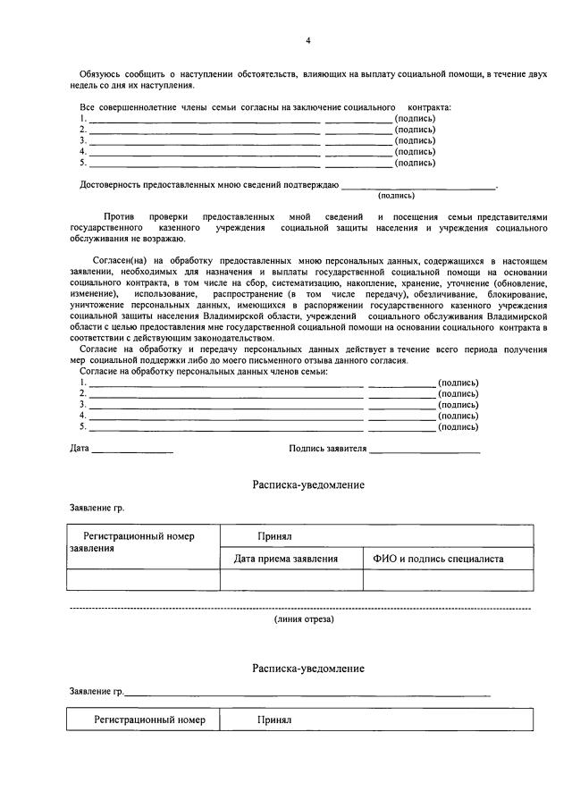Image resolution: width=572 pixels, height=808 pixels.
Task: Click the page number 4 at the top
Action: tap(307, 41)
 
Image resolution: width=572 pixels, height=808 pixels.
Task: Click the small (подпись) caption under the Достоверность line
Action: tap(396, 195)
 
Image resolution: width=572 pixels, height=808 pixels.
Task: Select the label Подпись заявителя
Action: tap(327, 448)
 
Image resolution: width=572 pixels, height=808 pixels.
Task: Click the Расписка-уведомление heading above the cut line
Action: tap(307, 484)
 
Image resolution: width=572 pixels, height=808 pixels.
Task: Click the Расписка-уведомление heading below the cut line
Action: tap(307, 668)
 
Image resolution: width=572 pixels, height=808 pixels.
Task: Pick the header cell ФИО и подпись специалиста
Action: tap(438, 559)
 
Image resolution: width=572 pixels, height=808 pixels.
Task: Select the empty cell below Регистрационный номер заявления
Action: tap(143, 580)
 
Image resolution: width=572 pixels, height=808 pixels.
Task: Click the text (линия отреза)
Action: tap(304, 619)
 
